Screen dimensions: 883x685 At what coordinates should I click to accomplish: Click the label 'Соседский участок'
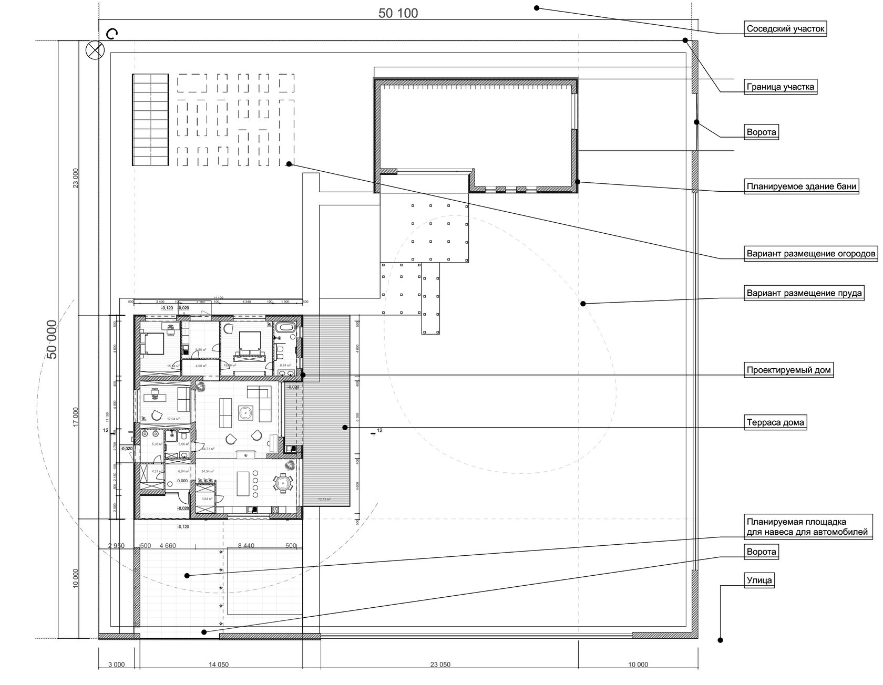(785, 29)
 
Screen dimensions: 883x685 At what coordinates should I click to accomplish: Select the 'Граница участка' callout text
(781, 87)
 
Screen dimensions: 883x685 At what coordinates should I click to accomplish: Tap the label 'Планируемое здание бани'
(802, 186)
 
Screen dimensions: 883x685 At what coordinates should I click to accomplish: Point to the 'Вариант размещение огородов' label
(811, 254)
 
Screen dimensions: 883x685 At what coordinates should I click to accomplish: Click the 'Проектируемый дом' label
(788, 370)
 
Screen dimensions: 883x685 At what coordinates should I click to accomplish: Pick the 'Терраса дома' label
(775, 422)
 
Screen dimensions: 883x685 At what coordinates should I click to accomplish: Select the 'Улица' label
(759, 580)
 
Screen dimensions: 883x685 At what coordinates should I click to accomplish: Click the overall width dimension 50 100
(398, 14)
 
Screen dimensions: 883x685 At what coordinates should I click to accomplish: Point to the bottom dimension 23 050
(440, 665)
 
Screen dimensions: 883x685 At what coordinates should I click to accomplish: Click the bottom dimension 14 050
(218, 665)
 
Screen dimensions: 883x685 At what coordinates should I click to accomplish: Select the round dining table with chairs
(283, 482)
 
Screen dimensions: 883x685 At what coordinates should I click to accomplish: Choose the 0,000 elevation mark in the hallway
(182, 481)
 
